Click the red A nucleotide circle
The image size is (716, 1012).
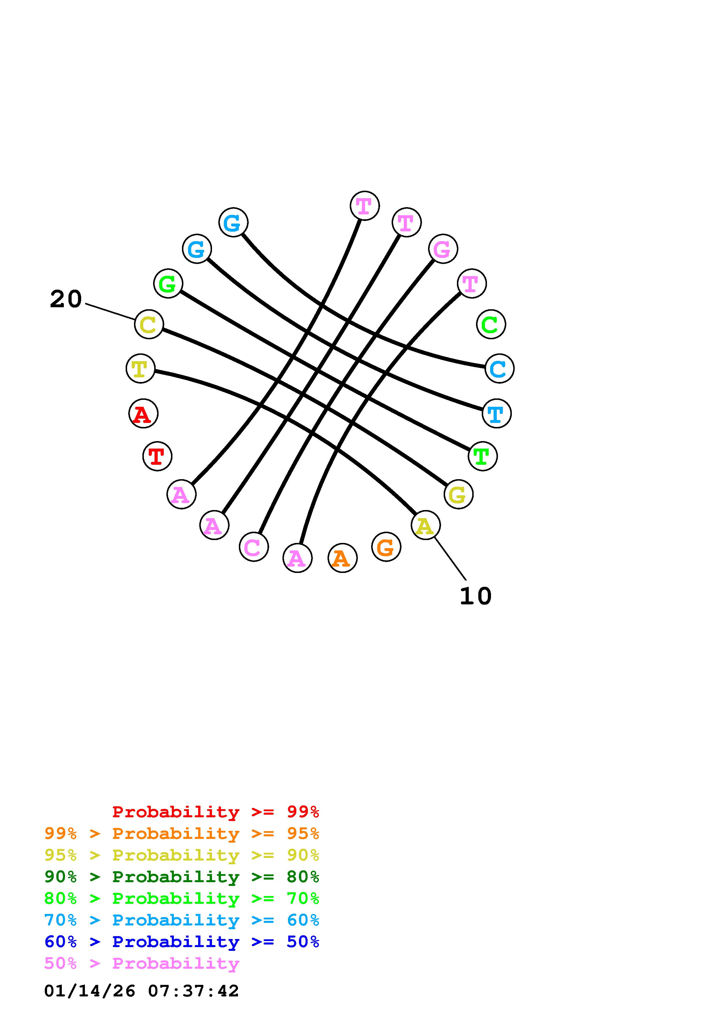click(x=143, y=413)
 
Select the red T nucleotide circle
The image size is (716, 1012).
click(x=157, y=456)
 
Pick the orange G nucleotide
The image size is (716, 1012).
click(x=386, y=547)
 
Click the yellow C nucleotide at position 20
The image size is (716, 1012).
click(x=149, y=325)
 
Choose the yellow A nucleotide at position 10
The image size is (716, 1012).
click(x=425, y=525)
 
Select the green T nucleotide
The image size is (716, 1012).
click(x=483, y=456)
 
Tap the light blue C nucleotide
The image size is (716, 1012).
click(x=499, y=368)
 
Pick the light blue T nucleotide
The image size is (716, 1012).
click(x=497, y=413)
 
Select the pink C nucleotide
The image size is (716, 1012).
click(x=254, y=547)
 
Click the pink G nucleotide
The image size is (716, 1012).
click(x=443, y=249)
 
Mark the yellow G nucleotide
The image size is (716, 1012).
click(x=458, y=494)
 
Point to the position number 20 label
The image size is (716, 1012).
click(x=66, y=299)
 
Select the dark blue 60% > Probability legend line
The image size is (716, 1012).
click(x=182, y=942)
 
